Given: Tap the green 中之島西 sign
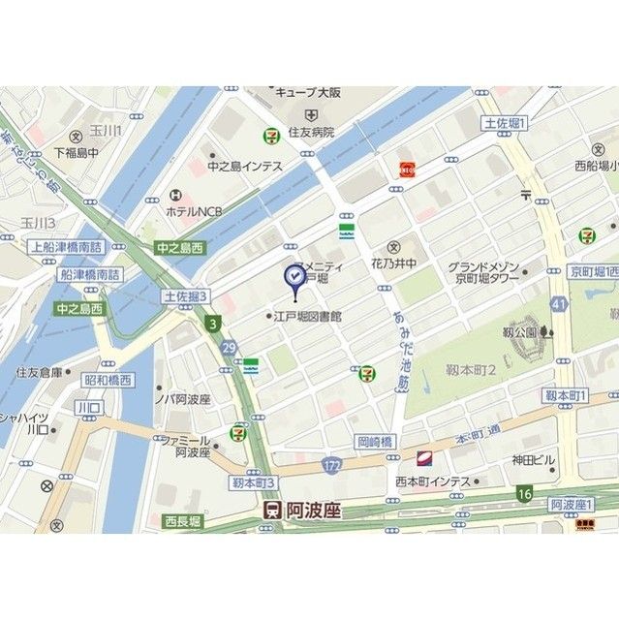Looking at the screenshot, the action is pos(181,248).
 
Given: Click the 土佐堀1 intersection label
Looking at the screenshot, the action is pos(504,124).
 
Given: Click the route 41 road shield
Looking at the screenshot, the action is pos(557,304).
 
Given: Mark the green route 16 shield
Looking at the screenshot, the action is pos(524,493).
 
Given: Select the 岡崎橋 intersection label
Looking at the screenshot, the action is pos(375,440).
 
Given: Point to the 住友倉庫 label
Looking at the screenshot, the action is pos(39,371).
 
